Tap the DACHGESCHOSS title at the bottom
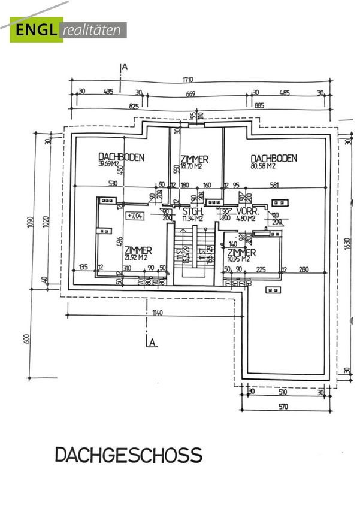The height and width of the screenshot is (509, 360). click(129, 456)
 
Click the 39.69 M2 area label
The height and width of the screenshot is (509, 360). click(112, 163)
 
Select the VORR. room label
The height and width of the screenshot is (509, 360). click(246, 211)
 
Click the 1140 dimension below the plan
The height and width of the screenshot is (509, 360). click(156, 312)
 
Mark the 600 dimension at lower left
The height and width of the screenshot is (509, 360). click(26, 339)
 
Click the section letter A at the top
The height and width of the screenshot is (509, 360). click(125, 67)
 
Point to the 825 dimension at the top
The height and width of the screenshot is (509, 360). click(134, 106)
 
